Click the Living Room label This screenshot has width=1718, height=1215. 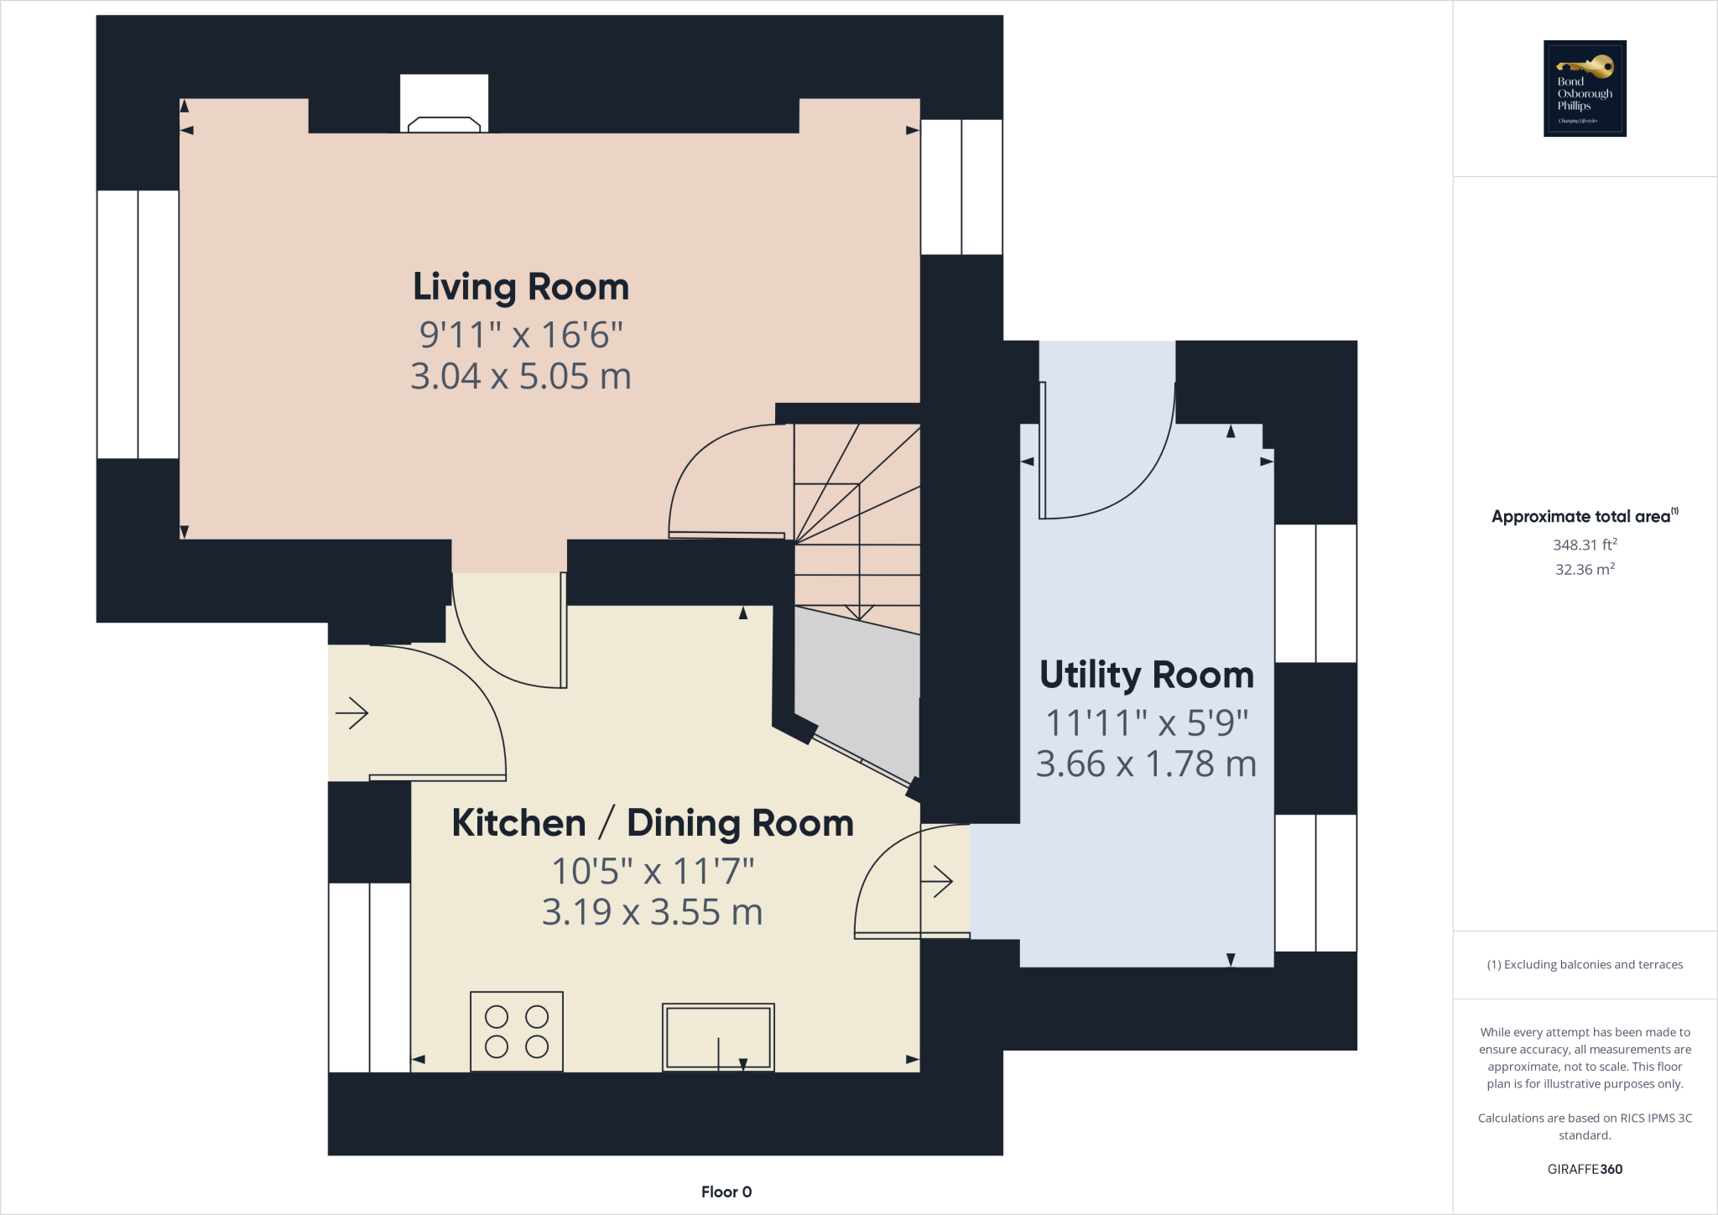521,287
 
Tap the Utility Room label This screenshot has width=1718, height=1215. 1147,675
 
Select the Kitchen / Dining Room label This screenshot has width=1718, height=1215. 653,823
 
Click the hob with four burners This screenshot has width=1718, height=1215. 517,1031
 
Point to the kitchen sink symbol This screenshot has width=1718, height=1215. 718,1037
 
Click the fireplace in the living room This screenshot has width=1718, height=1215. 444,103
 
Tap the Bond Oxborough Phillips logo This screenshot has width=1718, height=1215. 1585,88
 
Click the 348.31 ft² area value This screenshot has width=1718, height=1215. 1585,545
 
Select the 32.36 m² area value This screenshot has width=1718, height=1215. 1585,569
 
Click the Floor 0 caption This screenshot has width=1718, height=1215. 726,1192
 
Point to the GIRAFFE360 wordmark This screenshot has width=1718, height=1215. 1585,1169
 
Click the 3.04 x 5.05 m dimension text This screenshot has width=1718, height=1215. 521,376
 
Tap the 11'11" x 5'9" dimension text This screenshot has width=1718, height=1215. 1147,722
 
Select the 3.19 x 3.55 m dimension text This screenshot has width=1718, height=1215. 653,912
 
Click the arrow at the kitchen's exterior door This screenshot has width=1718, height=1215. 352,714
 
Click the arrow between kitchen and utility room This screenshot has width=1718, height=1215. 937,881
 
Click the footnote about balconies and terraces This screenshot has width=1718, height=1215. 1585,964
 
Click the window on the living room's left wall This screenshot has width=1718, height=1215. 138,324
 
